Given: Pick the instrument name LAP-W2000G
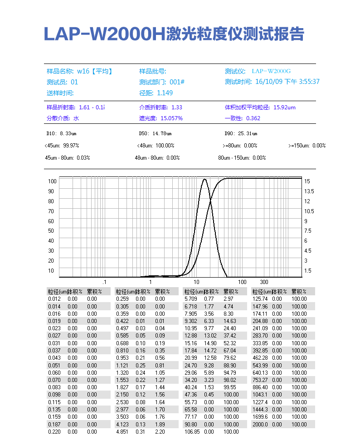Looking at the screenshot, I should point(271,71).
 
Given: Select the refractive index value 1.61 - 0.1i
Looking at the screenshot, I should point(92,108).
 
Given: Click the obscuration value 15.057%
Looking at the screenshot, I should point(171,118).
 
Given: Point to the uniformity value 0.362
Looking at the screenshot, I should point(253,118).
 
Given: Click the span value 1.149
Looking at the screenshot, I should point(165,93).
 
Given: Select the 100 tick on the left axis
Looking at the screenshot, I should point(51,181).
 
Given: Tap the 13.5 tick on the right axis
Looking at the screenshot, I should point(309,191).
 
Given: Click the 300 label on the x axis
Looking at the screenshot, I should point(264,282).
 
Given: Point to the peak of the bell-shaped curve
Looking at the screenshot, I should point(205,180).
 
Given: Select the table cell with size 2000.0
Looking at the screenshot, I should point(260,424).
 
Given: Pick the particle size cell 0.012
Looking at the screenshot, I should point(54,299).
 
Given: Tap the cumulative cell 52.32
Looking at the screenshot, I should point(229,343).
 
